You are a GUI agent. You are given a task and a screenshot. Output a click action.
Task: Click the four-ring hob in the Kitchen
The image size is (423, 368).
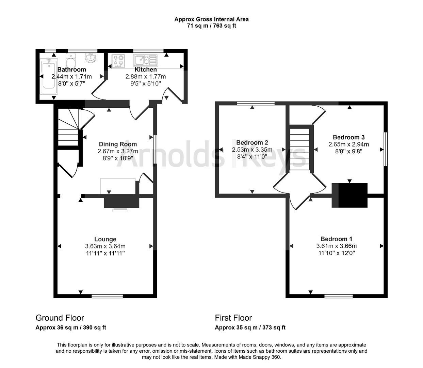coord(118,60)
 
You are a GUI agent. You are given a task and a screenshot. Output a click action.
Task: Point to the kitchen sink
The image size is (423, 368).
coord(146,60)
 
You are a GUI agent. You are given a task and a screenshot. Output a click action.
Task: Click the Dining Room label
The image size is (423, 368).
coord(118,144)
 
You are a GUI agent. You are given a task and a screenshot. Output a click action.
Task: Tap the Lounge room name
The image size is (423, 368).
coord(105,239)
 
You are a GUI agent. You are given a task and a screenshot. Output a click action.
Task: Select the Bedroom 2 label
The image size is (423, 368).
coord(252,142)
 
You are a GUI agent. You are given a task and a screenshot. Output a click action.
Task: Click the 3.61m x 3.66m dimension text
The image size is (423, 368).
coord(336,246)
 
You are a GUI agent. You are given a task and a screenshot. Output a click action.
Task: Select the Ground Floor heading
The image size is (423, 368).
coord(60,318)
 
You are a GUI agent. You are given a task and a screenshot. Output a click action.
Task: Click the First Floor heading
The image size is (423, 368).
coord(233,318)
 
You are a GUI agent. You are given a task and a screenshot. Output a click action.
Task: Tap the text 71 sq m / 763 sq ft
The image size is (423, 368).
coord(211,26)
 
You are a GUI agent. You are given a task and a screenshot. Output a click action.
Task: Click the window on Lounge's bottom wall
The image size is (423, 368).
coord(107,296)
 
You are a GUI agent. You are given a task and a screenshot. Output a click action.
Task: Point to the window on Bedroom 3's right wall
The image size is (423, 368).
coord(386,149)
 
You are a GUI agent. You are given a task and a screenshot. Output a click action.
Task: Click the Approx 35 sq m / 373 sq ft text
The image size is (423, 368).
coord(250,328)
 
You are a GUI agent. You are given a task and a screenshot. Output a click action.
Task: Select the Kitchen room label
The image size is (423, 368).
coord(146,70)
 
